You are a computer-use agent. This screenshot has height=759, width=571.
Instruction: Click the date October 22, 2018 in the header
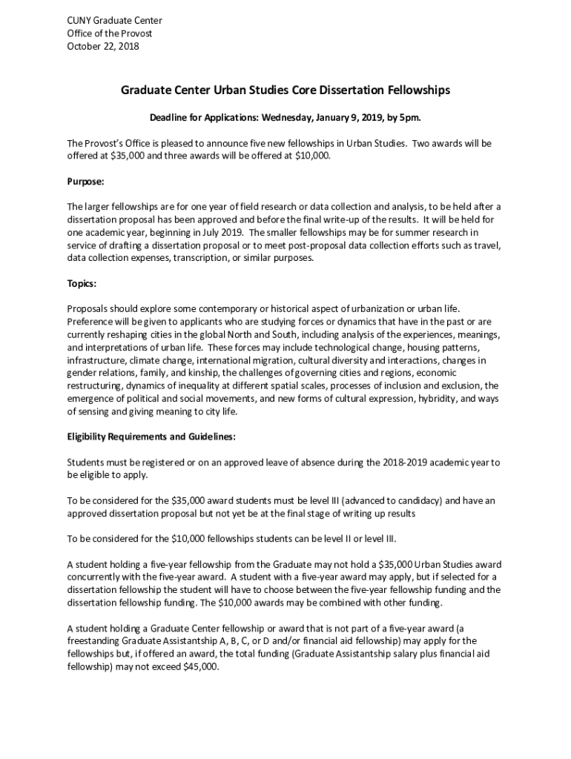tap(102, 46)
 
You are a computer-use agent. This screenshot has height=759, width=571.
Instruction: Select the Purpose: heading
tap(85, 181)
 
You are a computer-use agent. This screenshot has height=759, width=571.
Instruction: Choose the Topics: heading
tap(82, 283)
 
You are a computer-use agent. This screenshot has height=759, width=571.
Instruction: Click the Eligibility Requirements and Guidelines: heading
tap(151, 437)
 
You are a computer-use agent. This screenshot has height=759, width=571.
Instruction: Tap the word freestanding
tap(93, 640)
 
